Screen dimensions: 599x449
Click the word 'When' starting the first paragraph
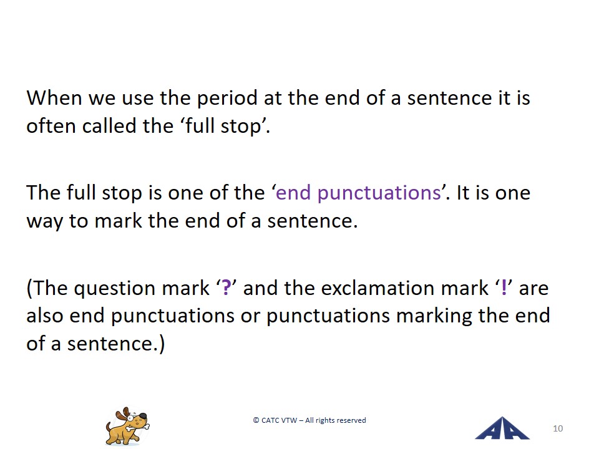54,98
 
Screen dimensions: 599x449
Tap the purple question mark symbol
226,288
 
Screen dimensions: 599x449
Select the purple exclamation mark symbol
504,288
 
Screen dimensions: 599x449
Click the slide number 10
558,428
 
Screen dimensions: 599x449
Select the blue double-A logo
502,428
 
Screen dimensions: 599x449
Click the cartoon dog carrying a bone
127,427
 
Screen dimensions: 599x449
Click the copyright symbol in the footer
256,420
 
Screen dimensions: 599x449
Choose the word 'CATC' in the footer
270,420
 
